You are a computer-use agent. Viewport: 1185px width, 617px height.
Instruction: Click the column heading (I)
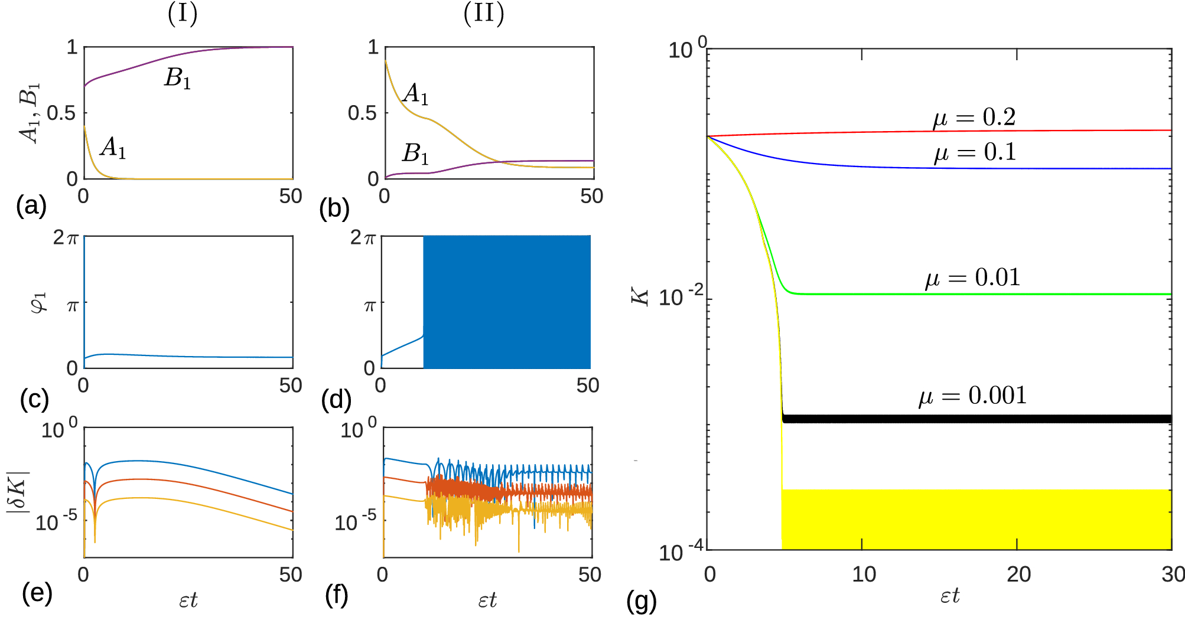point(183,14)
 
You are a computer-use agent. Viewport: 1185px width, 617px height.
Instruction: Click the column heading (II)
point(484,14)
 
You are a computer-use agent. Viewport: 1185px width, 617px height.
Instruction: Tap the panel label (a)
point(31,206)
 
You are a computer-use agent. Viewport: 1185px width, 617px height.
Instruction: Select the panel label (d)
point(336,400)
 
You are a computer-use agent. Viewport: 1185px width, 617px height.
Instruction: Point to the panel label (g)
point(642,601)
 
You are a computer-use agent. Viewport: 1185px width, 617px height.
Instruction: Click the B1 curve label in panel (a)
point(177,79)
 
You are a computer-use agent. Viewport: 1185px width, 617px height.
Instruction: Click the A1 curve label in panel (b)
point(415,94)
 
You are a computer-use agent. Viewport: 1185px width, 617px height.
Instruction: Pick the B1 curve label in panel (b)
point(415,154)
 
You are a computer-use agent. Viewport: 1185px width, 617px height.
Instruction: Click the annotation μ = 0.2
point(974,117)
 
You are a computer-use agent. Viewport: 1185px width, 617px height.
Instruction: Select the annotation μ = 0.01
point(972,278)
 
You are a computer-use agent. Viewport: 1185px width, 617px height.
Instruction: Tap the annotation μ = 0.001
point(972,396)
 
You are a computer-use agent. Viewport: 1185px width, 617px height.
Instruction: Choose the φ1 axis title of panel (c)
point(38,303)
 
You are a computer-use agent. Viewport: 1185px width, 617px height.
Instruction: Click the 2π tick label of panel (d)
point(363,238)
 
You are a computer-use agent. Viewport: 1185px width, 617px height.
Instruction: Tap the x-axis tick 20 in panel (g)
point(1018,574)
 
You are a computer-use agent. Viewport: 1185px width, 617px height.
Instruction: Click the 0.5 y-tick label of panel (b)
point(362,113)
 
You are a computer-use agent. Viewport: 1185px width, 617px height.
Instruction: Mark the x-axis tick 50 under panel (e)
point(291,574)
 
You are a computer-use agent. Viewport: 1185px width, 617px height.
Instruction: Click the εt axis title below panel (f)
point(487,600)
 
